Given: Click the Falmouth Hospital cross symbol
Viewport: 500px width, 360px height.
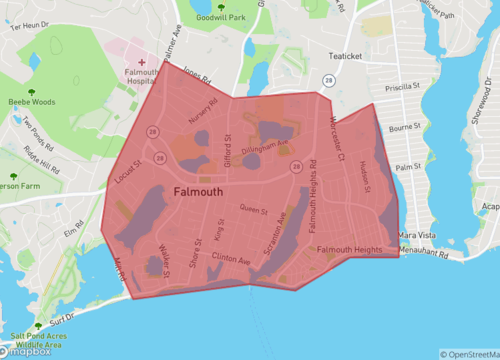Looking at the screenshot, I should point(141,61).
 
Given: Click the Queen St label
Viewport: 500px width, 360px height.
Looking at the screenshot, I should point(254,209).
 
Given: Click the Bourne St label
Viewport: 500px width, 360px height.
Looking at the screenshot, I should point(405,128).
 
